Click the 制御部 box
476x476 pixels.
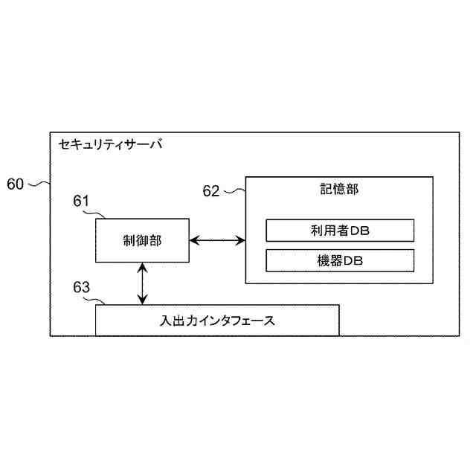tap(142, 239)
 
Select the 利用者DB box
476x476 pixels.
tap(339, 231)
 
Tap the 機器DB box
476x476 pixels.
tap(339, 260)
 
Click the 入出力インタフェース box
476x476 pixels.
tap(217, 321)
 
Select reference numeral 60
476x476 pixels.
tap(16, 184)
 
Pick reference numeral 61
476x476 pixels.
tap(82, 201)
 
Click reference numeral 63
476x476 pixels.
tap(82, 286)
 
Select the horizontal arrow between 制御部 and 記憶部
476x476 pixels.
tap(217, 239)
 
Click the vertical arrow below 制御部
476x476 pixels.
tap(142, 283)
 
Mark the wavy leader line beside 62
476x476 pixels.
tap(234, 190)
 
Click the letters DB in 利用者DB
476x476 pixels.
tap(360, 231)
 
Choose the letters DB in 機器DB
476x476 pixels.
tap(353, 260)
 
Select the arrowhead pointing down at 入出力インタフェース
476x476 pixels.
tap(142, 300)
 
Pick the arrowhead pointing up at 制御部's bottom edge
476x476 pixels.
tap(142, 267)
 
